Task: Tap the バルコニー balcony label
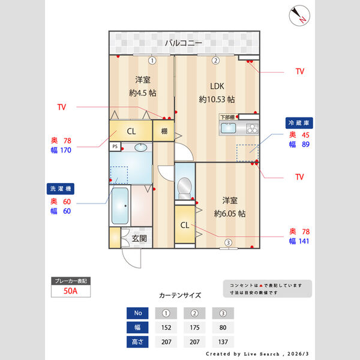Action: [184, 43]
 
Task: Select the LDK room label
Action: [216, 85]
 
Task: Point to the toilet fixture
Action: [185, 188]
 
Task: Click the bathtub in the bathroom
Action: [120, 206]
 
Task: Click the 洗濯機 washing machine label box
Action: [59, 188]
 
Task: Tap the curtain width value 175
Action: [194, 328]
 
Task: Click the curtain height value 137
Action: [223, 342]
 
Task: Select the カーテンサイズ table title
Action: [179, 295]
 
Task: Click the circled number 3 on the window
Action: [228, 242]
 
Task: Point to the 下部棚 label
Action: [227, 116]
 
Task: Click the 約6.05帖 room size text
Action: [229, 213]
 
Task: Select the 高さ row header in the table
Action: [138, 342]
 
